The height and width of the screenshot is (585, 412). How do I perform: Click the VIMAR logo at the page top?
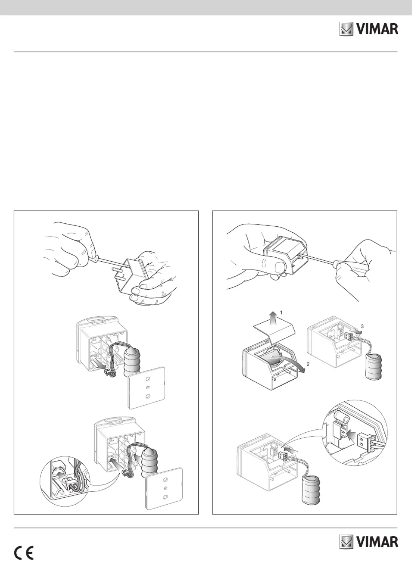tap(369, 29)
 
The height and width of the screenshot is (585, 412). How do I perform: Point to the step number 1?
tap(281, 312)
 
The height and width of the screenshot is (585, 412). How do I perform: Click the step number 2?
tap(308, 364)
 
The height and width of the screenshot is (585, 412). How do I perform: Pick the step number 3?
tap(362, 326)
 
